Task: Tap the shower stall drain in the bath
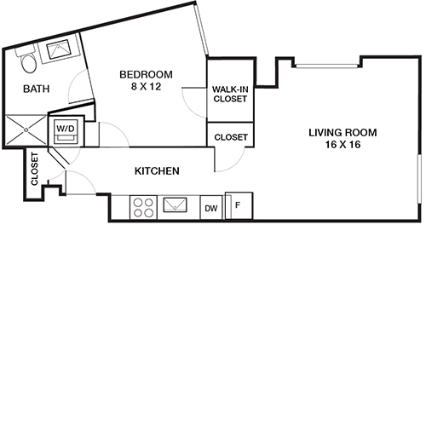click(x=26, y=130)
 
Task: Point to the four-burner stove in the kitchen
click(x=142, y=206)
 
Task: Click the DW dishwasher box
click(x=210, y=207)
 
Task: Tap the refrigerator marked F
click(x=239, y=205)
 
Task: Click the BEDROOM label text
click(x=146, y=74)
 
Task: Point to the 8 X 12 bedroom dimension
click(x=146, y=86)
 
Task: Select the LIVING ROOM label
click(x=342, y=132)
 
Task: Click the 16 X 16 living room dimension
click(x=342, y=145)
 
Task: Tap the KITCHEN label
click(x=157, y=171)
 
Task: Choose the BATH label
click(x=37, y=89)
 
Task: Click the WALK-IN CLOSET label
click(x=230, y=94)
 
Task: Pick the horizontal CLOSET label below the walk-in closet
click(x=230, y=136)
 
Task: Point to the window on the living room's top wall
click(x=327, y=65)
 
